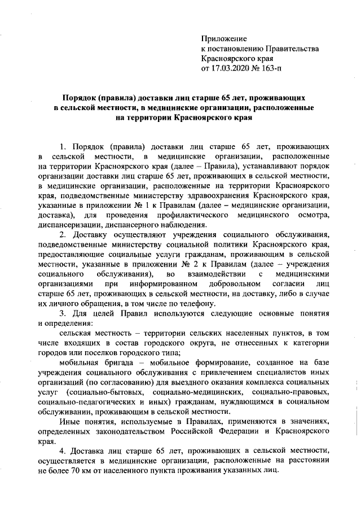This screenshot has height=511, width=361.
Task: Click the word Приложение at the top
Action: (x=224, y=38)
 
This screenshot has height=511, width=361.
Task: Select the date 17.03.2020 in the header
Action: (x=228, y=69)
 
